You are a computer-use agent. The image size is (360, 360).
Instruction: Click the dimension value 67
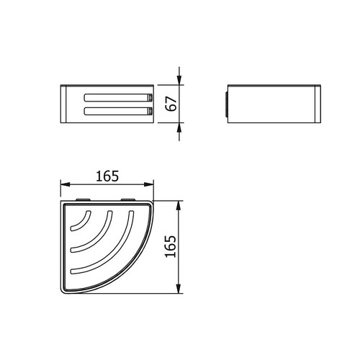(171, 104)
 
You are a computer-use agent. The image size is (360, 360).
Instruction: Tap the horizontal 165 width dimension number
(107, 176)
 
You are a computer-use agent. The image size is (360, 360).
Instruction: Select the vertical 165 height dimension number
(171, 246)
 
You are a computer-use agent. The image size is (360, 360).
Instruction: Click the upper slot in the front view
(117, 97)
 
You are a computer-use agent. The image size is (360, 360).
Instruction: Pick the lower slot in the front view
(117, 111)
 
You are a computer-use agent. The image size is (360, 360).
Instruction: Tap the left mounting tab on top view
(83, 199)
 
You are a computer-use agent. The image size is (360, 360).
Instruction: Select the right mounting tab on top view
(128, 199)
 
